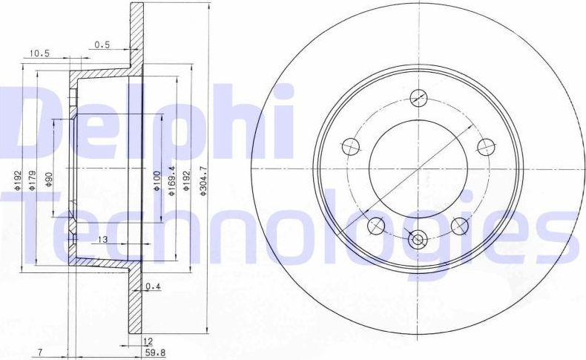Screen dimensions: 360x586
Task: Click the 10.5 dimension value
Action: (x=39, y=53)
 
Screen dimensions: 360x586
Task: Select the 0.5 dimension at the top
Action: (x=102, y=44)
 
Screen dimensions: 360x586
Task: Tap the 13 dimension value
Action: (x=102, y=238)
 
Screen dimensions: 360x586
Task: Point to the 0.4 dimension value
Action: (x=153, y=286)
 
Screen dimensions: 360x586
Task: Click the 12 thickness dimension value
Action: (x=148, y=341)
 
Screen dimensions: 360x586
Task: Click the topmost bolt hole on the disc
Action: (x=418, y=97)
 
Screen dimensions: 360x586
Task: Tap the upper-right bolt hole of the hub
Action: (x=485, y=145)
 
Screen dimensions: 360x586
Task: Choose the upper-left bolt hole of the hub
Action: (x=351, y=145)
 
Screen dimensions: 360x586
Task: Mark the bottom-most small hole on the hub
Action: (x=418, y=240)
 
